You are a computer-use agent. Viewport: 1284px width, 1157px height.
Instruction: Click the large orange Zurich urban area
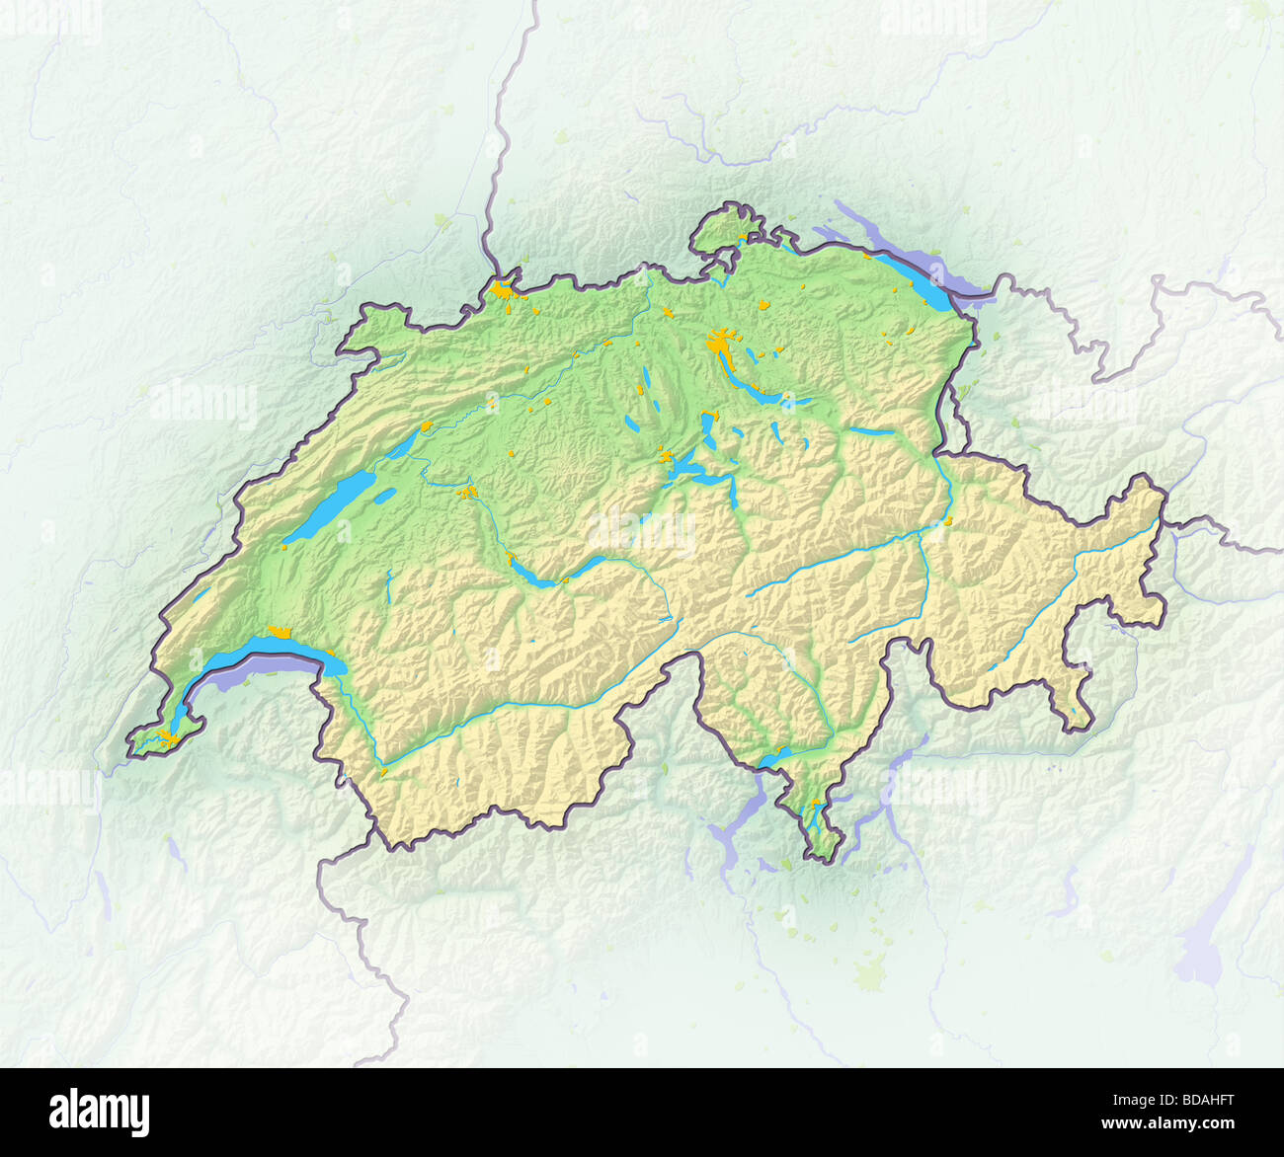click(x=721, y=345)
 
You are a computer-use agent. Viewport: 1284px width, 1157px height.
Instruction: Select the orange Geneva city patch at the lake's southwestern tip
click(x=170, y=736)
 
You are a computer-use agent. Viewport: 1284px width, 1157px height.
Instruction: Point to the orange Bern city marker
click(x=469, y=491)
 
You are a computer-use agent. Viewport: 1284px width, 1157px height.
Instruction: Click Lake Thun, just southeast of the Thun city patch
click(x=538, y=578)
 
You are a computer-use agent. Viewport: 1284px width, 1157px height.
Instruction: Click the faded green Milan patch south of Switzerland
click(x=870, y=976)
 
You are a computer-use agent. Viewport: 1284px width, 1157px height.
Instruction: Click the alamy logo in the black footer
click(x=99, y=1112)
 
